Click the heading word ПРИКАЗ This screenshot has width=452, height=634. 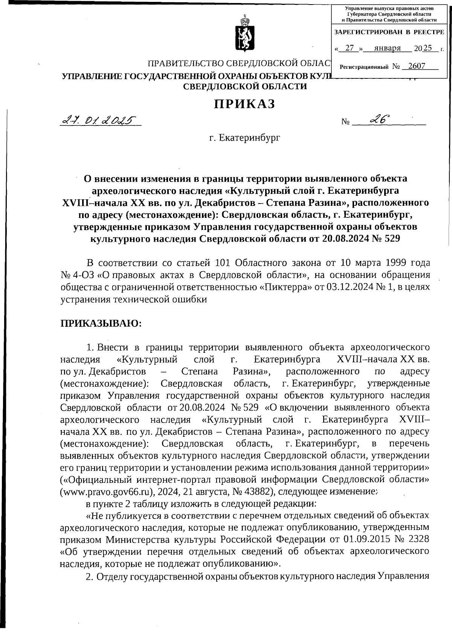pyautogui.click(x=244, y=104)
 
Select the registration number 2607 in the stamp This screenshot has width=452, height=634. pyautogui.click(x=417, y=66)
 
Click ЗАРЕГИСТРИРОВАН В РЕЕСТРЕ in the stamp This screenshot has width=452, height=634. pyautogui.click(x=389, y=32)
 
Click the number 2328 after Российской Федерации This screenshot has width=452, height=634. pyautogui.click(x=417, y=540)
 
